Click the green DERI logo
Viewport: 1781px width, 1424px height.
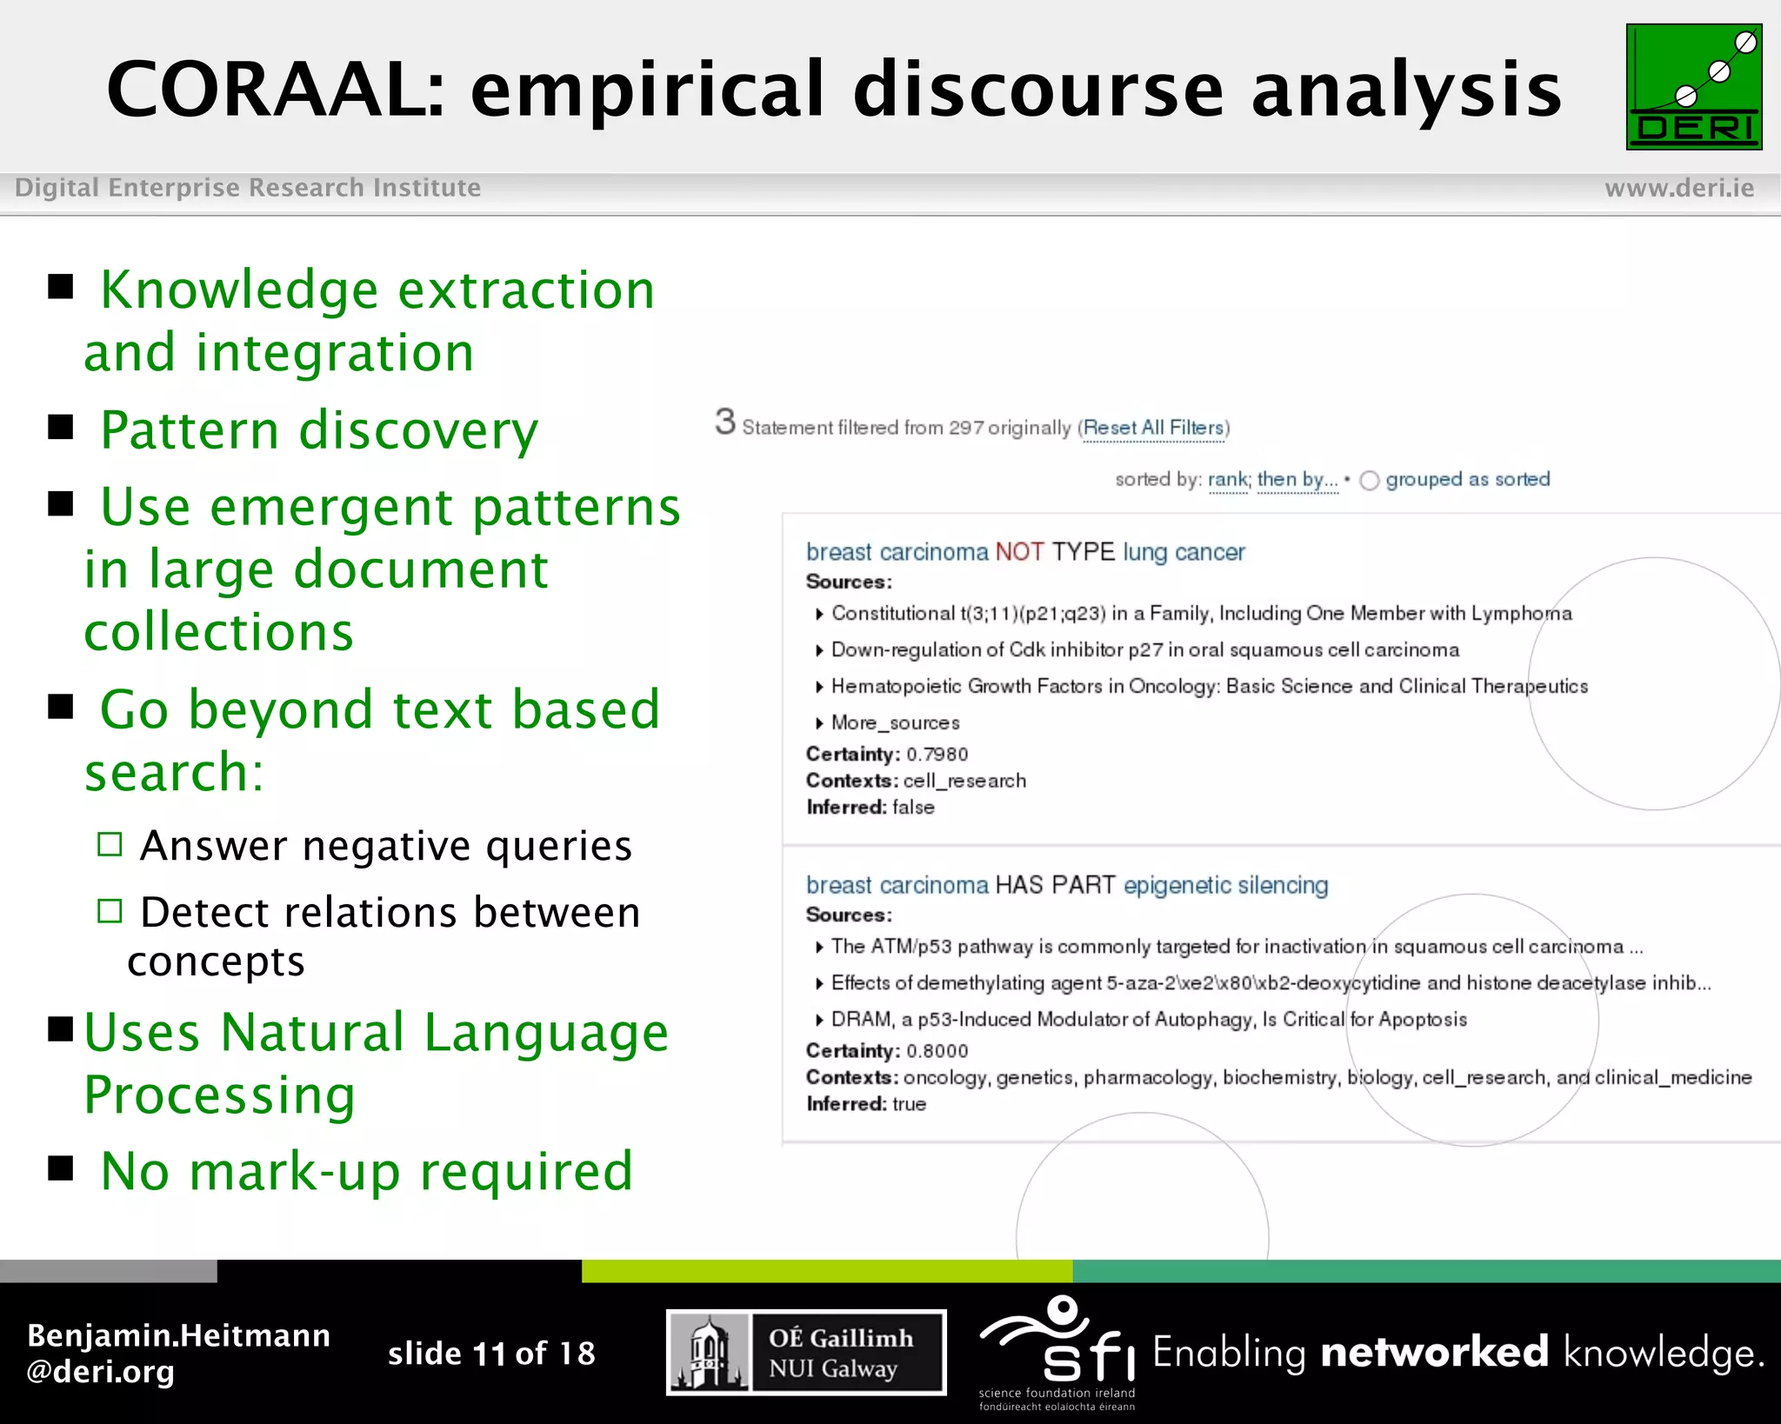point(1693,87)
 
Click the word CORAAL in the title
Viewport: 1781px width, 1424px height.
point(275,90)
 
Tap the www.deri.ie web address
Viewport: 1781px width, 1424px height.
point(1678,188)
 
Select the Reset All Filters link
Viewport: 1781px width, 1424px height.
point(1154,428)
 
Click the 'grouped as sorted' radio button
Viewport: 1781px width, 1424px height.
point(1370,481)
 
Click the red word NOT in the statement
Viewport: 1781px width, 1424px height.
point(1019,552)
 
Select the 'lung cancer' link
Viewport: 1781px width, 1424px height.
point(1184,552)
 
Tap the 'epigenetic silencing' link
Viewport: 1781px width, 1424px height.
point(1225,885)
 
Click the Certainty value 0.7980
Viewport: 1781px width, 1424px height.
point(937,754)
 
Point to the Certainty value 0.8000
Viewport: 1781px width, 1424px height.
point(937,1050)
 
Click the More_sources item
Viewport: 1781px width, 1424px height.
point(895,722)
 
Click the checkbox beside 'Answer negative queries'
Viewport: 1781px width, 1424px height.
point(110,844)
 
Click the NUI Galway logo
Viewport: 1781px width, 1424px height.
point(806,1352)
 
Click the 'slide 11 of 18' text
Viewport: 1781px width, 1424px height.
point(491,1353)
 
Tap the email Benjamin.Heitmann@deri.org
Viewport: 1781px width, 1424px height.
point(178,1353)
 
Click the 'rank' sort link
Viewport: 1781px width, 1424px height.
point(1227,479)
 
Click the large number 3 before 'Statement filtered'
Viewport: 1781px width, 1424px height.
point(725,423)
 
